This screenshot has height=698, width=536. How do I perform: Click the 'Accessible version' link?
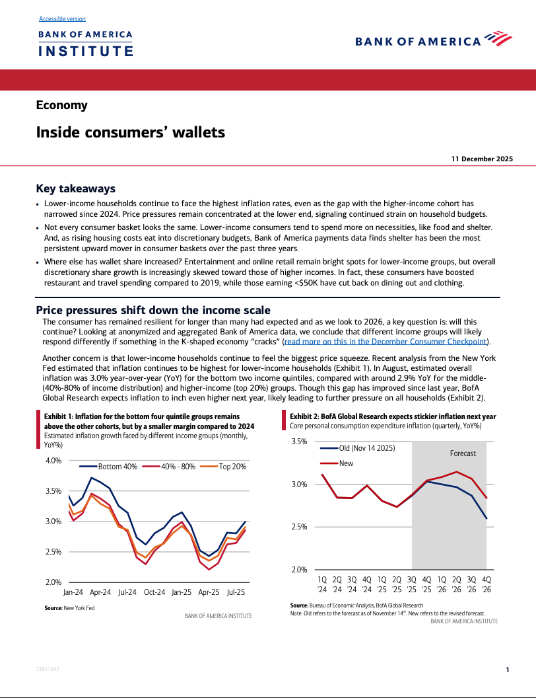click(62, 19)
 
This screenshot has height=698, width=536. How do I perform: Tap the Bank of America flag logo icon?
click(498, 40)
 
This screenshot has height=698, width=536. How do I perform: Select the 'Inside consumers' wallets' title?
click(130, 132)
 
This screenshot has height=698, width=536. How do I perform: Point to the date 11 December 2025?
click(482, 159)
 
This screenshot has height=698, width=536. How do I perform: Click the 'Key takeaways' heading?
click(75, 188)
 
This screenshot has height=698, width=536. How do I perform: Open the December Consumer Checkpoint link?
click(385, 342)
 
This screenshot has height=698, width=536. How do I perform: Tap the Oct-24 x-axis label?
click(154, 593)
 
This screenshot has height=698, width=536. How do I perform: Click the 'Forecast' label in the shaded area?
click(463, 453)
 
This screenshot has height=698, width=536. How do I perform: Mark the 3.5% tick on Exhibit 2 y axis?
click(299, 442)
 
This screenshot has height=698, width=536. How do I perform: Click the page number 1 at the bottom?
click(507, 670)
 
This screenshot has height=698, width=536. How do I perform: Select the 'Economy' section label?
click(61, 105)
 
